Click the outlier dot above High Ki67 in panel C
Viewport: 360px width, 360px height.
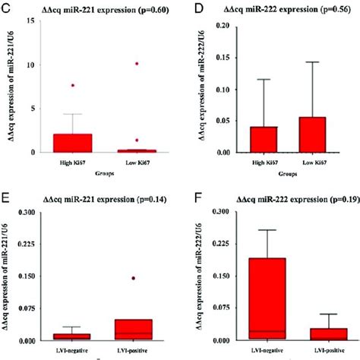pos(73,86)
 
